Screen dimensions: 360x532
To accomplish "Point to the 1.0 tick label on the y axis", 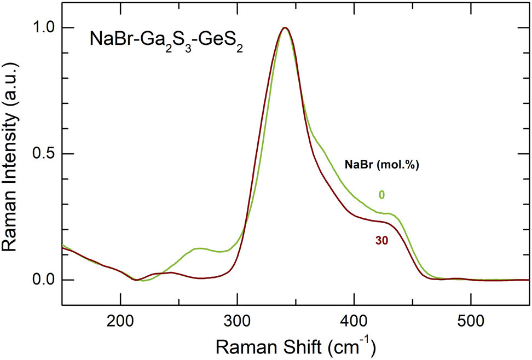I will click(x=44, y=28).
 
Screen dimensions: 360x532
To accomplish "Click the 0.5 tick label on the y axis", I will click(x=44, y=154).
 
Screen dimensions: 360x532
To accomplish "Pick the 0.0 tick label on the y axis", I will click(x=44, y=280).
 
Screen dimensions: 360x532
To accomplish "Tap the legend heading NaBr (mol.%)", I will click(x=381, y=165).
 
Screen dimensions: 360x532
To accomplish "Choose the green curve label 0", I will click(x=381, y=195).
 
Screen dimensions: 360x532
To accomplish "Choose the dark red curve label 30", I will click(x=381, y=241).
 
